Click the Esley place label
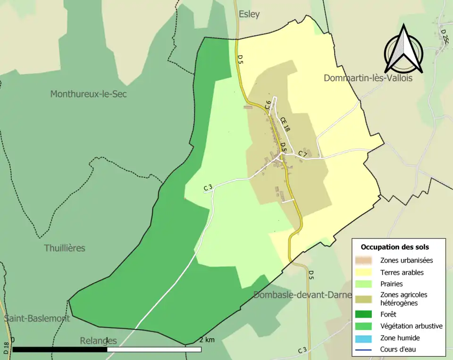pyautogui.click(x=249, y=14)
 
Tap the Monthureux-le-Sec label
pyautogui.click(x=88, y=94)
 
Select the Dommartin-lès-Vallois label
pyautogui.click(x=368, y=78)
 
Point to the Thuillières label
pyautogui.click(x=65, y=248)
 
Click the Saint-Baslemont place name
pyautogui.click(x=37, y=318)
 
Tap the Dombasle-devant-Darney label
pyautogui.click(x=302, y=295)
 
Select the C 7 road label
pyautogui.click(x=302, y=154)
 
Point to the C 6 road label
pyautogui.click(x=268, y=105)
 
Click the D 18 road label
pyautogui.click(x=6, y=348)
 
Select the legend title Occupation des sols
pyautogui.click(x=394, y=247)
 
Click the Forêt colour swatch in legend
pyautogui.click(x=364, y=314)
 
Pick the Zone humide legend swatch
pyautogui.click(x=364, y=338)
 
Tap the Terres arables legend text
pyautogui.click(x=402, y=272)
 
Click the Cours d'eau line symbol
pyautogui.click(x=364, y=350)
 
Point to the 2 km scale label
pyautogui.click(x=207, y=340)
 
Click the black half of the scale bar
pyautogui.click(x=60, y=350)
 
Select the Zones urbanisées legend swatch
pyautogui.click(x=364, y=260)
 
